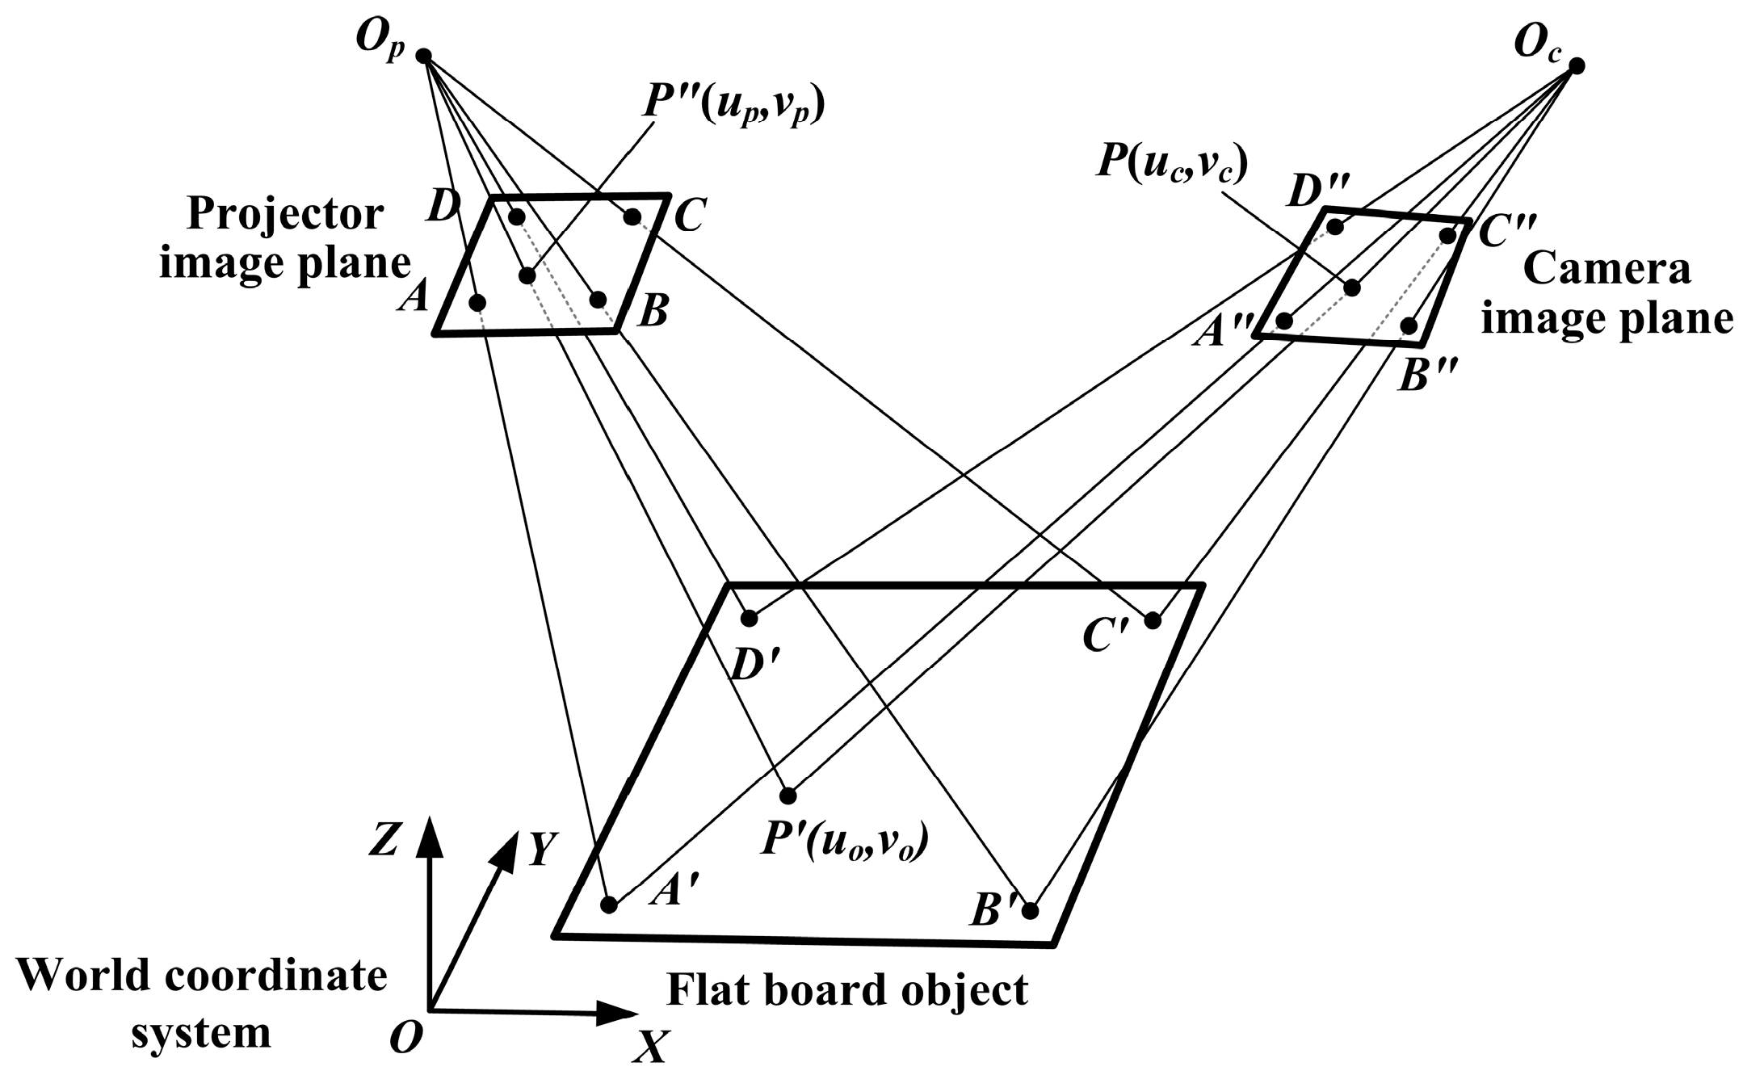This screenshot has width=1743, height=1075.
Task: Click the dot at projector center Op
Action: coord(423,56)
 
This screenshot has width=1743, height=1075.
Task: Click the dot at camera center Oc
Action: coord(1577,66)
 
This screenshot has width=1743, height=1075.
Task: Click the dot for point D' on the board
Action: coord(750,619)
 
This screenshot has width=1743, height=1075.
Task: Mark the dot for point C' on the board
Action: coord(1153,620)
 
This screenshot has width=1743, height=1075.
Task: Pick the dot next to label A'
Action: coord(610,905)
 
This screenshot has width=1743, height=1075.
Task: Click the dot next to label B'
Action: coord(1030,911)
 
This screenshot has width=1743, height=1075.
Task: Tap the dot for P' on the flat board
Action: coord(788,796)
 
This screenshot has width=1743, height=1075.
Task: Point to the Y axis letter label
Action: coord(541,849)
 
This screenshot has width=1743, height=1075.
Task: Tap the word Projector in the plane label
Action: coord(285,216)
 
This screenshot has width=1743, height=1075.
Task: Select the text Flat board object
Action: coord(847,989)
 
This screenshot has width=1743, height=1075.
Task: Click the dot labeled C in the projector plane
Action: coord(632,216)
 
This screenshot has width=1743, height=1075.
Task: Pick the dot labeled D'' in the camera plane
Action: coord(1336,227)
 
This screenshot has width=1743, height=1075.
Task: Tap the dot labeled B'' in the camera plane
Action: coord(1409,326)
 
